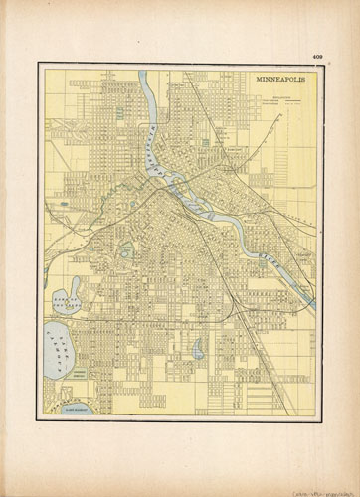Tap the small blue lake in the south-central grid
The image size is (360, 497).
pos(198,349)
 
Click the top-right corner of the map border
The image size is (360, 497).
pos(320,64)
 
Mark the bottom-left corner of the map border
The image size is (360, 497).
pos(40,421)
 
